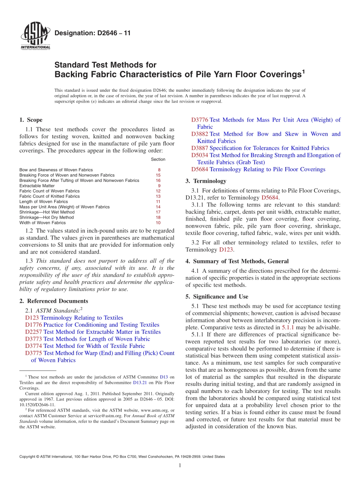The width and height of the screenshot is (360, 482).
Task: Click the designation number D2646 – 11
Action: click(x=92, y=33)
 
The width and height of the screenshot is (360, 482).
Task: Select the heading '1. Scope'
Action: click(x=31, y=120)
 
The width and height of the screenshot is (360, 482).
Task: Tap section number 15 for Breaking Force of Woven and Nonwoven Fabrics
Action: click(x=158, y=175)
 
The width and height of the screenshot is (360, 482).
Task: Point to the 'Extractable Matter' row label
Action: click(x=37, y=186)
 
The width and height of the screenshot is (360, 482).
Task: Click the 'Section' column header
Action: click(x=158, y=160)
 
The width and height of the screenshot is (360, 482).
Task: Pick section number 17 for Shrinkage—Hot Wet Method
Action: click(x=158, y=212)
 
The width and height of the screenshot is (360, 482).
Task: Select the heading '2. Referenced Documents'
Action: click(x=53, y=301)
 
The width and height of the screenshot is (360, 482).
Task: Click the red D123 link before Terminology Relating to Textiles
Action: click(x=32, y=318)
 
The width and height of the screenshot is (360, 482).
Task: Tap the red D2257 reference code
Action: click(x=34, y=332)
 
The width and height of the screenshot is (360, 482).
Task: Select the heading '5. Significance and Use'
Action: click(x=217, y=297)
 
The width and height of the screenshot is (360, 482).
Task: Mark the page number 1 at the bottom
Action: click(x=180, y=466)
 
